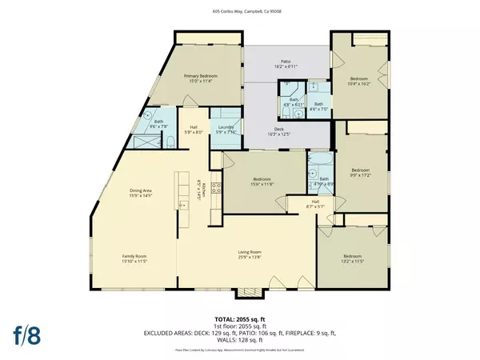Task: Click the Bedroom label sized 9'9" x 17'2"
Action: pyautogui.click(x=362, y=172)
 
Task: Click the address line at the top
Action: pyautogui.click(x=239, y=12)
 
